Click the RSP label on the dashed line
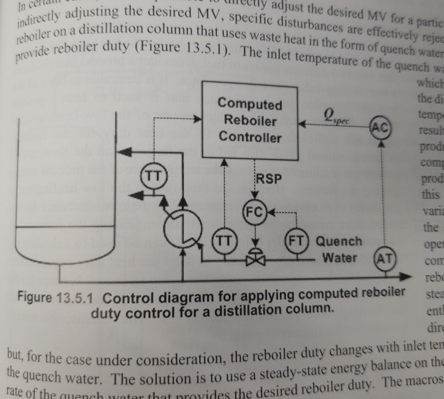(269, 179)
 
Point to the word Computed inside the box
(250, 104)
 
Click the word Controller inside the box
(250, 137)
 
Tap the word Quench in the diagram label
(339, 241)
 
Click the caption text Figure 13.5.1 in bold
(54, 294)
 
